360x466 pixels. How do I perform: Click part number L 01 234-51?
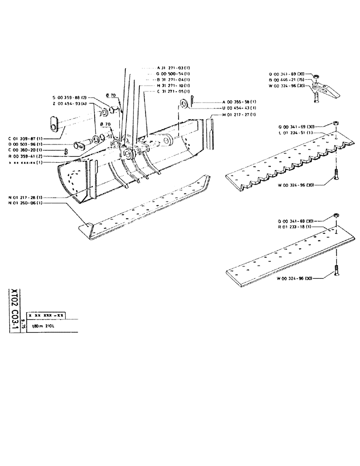pyautogui.click(x=291, y=133)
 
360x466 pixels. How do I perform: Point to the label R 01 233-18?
pyautogui.click(x=291, y=226)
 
